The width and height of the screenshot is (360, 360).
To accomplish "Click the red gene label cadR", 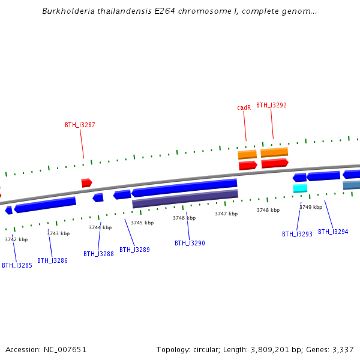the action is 244,108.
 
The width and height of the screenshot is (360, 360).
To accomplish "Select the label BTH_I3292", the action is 271,105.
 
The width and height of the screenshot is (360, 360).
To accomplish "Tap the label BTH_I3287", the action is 80,125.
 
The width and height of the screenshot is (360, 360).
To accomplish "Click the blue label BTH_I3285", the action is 17,265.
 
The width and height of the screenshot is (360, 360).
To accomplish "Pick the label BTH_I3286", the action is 52,260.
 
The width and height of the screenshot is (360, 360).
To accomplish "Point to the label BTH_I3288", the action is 98,254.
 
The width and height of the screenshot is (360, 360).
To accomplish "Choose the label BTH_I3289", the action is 134,250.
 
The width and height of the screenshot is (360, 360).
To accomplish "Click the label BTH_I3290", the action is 190,243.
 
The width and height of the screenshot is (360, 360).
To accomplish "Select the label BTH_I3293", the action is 297,234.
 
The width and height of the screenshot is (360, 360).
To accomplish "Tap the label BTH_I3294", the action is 333,232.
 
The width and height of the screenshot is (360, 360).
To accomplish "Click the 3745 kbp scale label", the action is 142,223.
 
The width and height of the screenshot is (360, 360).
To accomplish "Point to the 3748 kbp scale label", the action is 268,210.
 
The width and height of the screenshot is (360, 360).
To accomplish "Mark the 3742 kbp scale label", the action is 16,239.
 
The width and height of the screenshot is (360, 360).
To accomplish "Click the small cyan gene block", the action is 300,188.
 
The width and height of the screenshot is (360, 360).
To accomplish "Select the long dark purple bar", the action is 185,199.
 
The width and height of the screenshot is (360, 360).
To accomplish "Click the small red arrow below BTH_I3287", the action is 86,182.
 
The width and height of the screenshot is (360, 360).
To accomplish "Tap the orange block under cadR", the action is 247,155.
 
